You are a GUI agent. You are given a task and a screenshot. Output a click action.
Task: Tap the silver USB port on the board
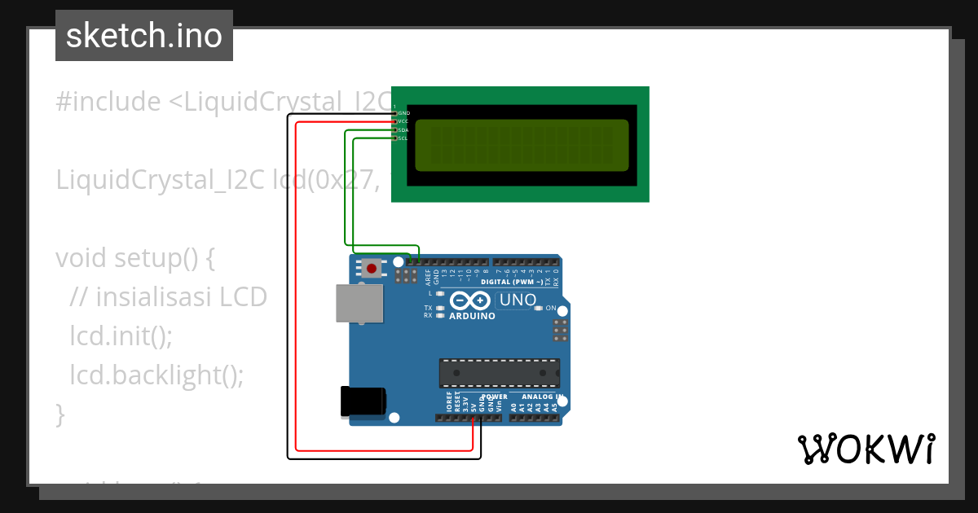[359, 304]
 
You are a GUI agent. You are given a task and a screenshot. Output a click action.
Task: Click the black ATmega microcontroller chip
[499, 373]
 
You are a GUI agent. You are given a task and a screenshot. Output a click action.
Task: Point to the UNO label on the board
[518, 300]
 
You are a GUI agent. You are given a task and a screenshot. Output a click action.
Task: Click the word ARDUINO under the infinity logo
[472, 316]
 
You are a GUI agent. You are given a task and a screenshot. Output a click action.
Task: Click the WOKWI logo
[866, 449]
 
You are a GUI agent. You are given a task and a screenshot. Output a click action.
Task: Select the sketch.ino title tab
[144, 36]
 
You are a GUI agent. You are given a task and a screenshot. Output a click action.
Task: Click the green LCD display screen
[522, 146]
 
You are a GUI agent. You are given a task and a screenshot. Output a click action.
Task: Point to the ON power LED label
[551, 309]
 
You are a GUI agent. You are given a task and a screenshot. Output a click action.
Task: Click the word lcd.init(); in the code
[121, 335]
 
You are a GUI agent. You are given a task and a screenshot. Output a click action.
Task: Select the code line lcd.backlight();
[156, 375]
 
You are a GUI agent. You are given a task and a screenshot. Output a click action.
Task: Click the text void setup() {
[135, 258]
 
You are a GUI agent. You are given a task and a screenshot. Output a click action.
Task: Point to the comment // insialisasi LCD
[169, 297]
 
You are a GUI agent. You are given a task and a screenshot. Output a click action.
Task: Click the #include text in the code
[108, 102]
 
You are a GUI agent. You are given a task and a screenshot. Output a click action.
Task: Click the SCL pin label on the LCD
[402, 138]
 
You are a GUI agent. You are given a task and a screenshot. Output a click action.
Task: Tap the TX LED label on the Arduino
[428, 309]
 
